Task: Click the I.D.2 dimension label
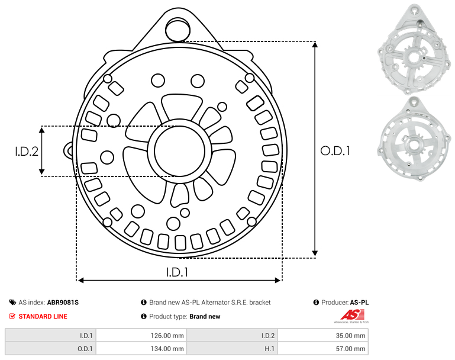27,152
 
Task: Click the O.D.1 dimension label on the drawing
335,151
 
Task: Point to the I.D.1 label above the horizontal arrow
177,272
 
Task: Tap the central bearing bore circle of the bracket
180,151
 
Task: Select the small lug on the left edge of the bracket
69,150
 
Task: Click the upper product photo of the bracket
414,49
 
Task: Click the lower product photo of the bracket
414,140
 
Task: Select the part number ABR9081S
63,303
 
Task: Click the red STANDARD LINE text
43,316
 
